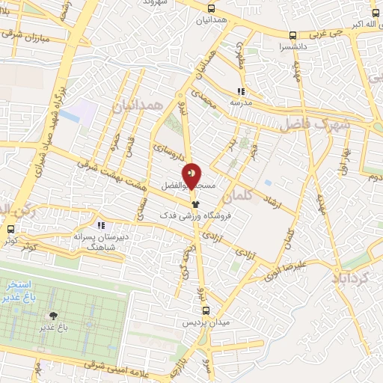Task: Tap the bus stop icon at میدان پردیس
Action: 207,310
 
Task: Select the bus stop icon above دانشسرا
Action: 292,34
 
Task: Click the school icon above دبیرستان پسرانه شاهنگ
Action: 101,224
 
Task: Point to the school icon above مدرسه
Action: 240,91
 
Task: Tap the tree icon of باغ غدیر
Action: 53,316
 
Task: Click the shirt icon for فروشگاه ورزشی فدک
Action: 195,203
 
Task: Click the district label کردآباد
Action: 350,278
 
